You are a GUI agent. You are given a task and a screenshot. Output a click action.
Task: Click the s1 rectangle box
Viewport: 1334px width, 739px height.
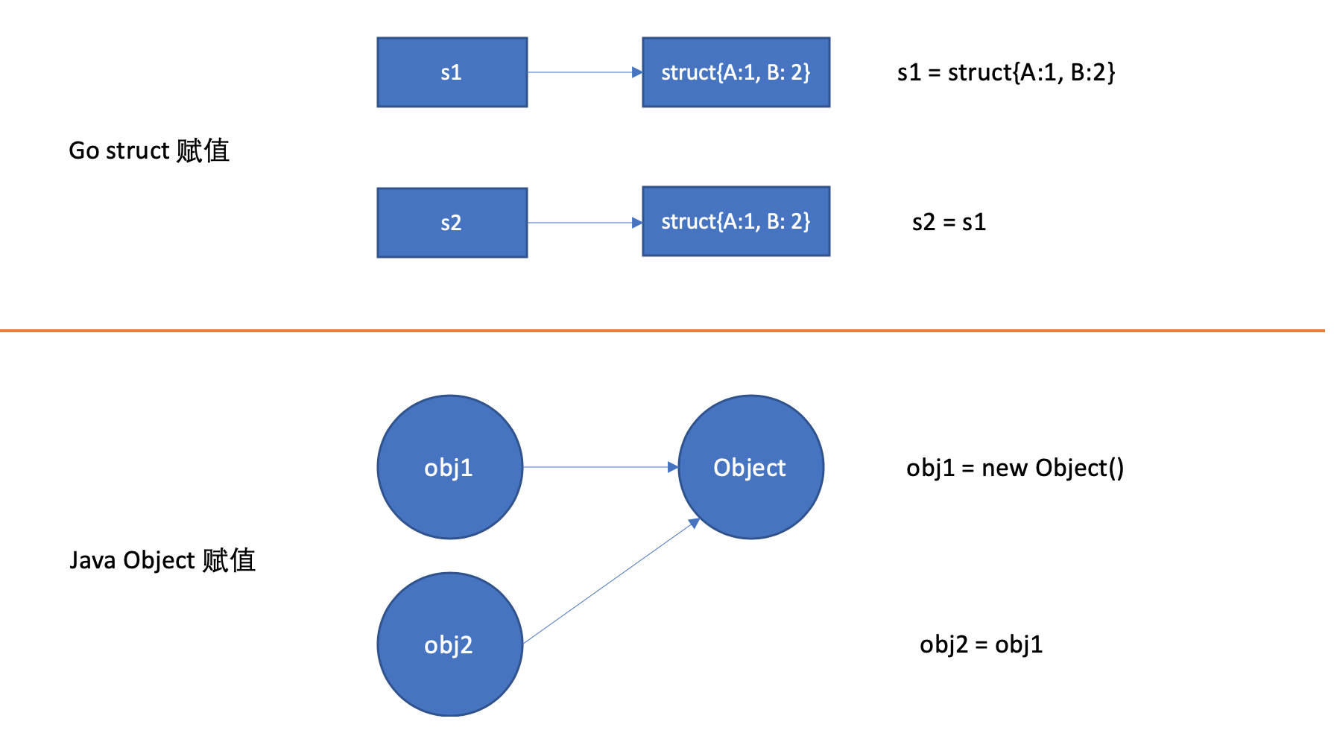(x=452, y=72)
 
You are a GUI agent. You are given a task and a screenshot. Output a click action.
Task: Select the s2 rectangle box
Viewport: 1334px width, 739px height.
(x=452, y=223)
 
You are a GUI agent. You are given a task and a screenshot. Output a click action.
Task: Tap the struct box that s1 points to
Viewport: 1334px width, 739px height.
(x=736, y=72)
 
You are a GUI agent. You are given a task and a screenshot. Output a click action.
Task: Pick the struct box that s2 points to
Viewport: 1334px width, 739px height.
(x=736, y=221)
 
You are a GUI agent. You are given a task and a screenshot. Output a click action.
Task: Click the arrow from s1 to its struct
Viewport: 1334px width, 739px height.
(x=581, y=72)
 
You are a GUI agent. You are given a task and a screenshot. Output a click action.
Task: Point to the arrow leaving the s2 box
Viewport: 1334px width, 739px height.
(x=581, y=223)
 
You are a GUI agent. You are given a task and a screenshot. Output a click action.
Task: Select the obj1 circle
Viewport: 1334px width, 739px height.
(x=449, y=467)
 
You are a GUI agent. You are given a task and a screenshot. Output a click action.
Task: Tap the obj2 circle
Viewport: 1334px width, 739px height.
(x=449, y=644)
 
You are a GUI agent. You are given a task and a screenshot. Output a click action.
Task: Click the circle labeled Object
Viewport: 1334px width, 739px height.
(x=750, y=467)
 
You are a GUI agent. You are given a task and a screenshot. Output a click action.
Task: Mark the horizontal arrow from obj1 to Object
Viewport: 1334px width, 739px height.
(x=596, y=467)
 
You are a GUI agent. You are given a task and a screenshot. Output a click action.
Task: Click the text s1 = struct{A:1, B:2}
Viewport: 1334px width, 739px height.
(x=1006, y=72)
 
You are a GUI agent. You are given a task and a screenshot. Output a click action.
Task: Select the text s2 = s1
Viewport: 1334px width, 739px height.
(x=949, y=222)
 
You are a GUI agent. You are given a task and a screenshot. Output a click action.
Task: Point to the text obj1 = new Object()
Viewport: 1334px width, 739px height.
(x=1014, y=468)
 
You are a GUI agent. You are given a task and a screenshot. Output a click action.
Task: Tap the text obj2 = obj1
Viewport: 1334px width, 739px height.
(x=981, y=644)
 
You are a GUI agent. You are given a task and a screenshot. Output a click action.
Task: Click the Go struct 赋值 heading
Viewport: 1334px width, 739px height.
(x=149, y=150)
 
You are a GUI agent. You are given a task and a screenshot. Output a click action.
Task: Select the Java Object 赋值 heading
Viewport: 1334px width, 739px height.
(x=162, y=560)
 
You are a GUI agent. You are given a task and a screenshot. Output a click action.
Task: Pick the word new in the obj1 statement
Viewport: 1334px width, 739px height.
(x=1005, y=469)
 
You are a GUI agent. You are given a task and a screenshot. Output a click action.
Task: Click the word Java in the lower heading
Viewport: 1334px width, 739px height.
(x=93, y=560)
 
